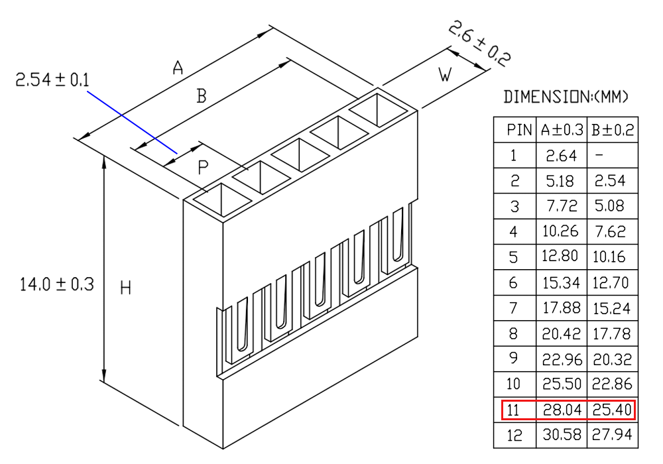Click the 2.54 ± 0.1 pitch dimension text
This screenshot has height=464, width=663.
[52, 80]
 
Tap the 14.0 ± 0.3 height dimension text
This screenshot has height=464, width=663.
[56, 284]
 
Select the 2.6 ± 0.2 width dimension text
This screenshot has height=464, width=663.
[479, 44]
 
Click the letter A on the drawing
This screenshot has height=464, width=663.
[178, 67]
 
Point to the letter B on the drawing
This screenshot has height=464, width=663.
[202, 96]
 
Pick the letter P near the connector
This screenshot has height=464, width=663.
[203, 168]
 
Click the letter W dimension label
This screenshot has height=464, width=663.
[445, 75]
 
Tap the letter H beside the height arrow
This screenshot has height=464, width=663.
[125, 288]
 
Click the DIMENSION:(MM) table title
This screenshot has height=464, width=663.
[566, 97]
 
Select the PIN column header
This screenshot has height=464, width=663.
[519, 130]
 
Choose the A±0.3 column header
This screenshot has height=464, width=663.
[562, 130]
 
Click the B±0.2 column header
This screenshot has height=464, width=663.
[613, 130]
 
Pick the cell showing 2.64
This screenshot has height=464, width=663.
[561, 156]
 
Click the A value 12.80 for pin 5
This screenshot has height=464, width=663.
[560, 256]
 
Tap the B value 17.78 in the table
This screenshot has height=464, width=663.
[612, 334]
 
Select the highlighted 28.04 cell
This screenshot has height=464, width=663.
[562, 410]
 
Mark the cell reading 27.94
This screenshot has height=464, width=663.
[612, 434]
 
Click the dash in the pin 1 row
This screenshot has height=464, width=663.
[599, 156]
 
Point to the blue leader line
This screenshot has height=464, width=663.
[133, 122]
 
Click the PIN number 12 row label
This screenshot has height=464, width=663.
[514, 435]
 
